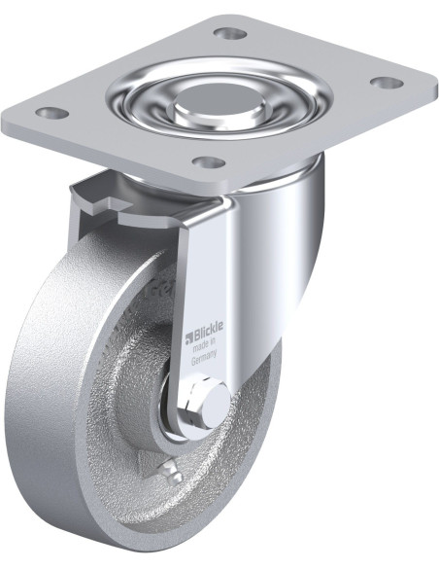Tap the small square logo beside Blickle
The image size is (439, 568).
(x=188, y=338)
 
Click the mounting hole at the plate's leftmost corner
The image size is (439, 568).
(x=52, y=113)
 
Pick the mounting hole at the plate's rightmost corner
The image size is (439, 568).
(x=388, y=83)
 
